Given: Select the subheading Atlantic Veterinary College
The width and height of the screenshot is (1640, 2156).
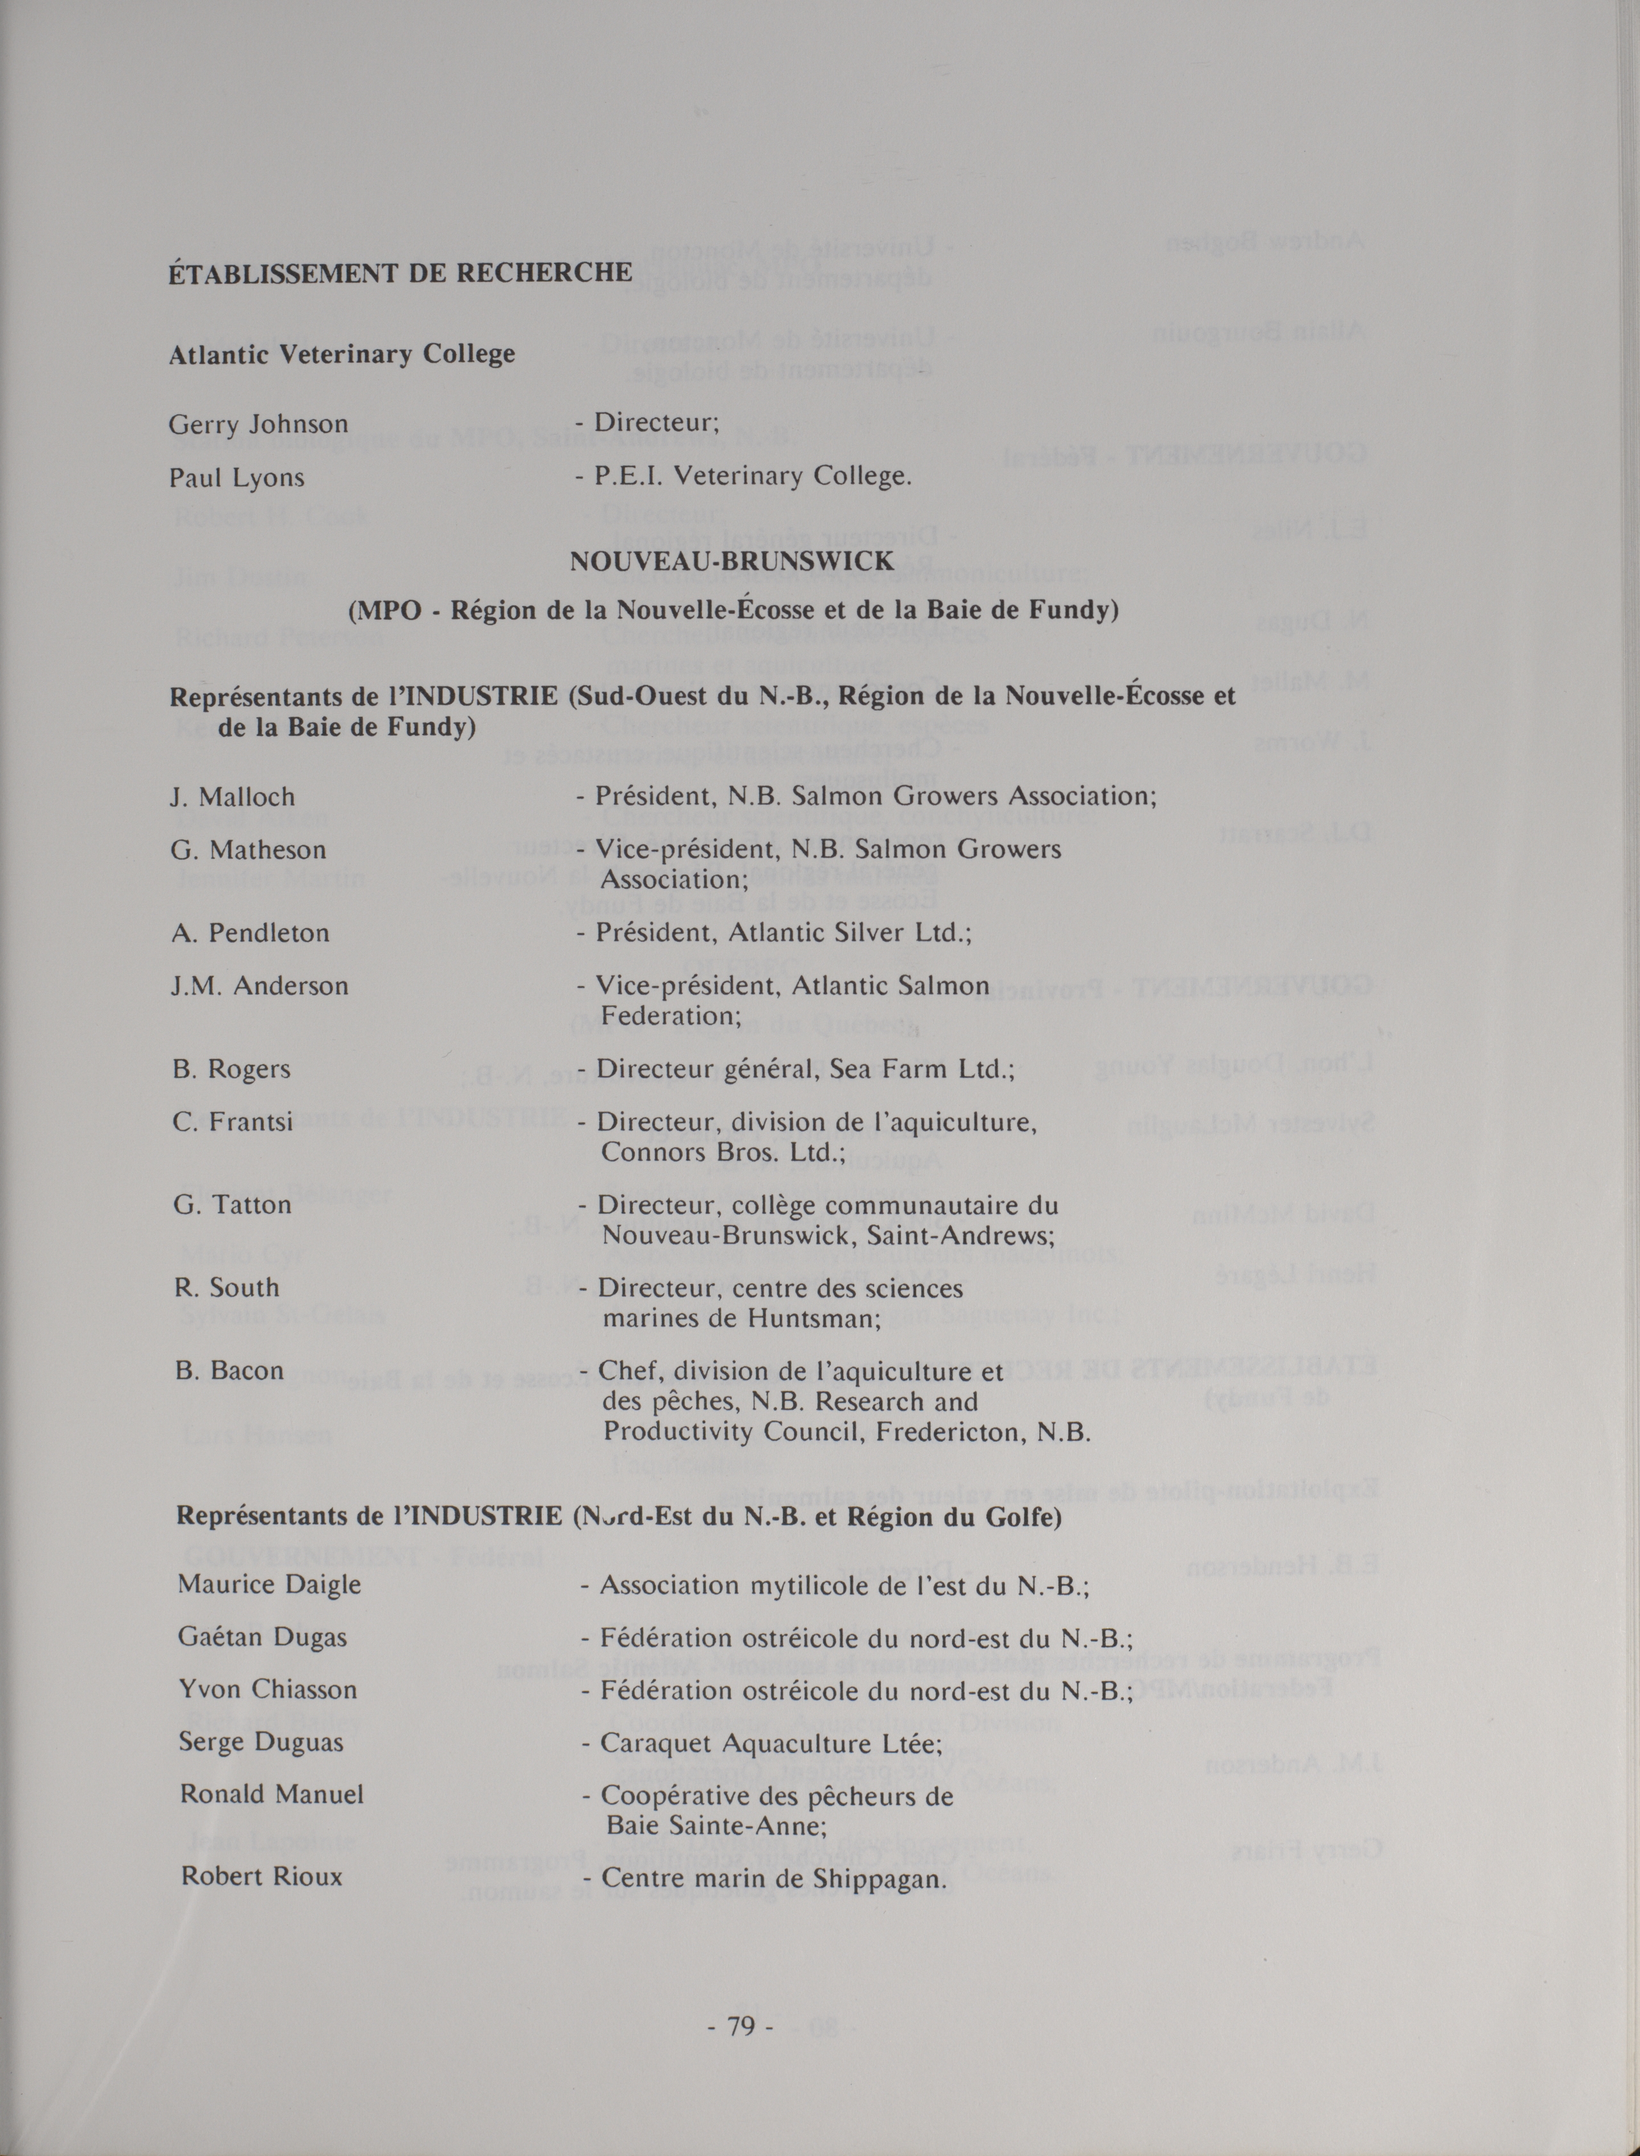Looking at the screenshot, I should coord(341,354).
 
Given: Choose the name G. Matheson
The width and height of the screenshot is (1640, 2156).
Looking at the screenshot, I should coord(248,850).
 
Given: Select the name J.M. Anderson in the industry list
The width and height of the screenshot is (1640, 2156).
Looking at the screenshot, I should coord(259,986).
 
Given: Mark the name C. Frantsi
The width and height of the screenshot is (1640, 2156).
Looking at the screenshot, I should coord(233,1122).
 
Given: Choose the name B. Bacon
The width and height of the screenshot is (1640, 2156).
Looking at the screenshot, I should coord(229,1370).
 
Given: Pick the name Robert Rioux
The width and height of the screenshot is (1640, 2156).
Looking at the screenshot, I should coord(261,1877).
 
